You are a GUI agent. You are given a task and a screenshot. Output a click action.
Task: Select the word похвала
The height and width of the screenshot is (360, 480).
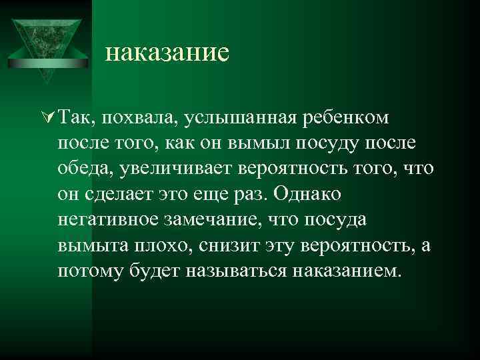coord(139,119)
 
